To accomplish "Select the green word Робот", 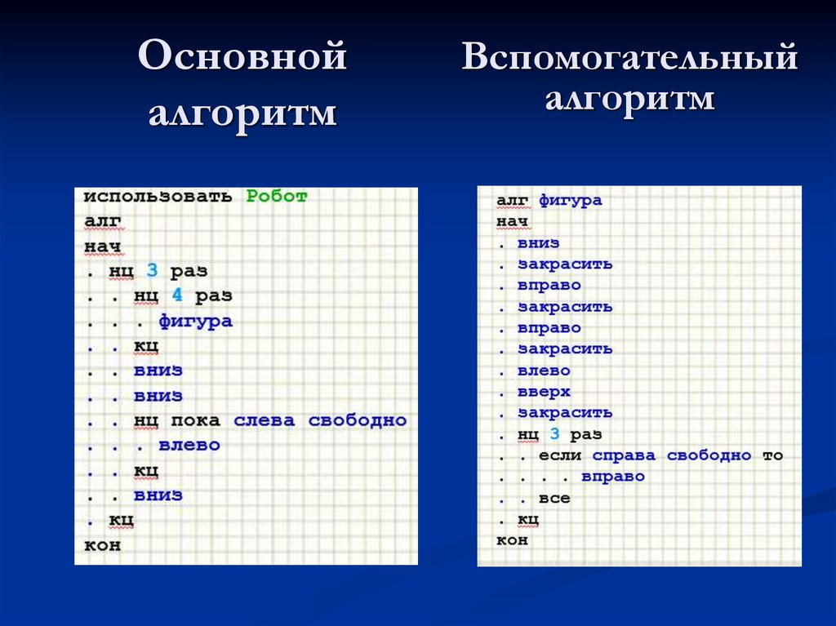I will pyautogui.click(x=277, y=196).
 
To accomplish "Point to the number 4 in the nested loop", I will pyautogui.click(x=176, y=295).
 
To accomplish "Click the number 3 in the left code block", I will pyautogui.click(x=152, y=269).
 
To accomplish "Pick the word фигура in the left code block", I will pyautogui.click(x=195, y=321).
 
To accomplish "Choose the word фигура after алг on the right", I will pyautogui.click(x=570, y=200).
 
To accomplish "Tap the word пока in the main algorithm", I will pyautogui.click(x=195, y=420).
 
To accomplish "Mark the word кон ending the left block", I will pyautogui.click(x=102, y=545).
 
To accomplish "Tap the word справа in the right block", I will pyautogui.click(x=624, y=455).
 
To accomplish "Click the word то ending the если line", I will pyautogui.click(x=772, y=455).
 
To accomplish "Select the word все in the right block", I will pyautogui.click(x=554, y=498).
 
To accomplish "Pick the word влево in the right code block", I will pyautogui.click(x=544, y=371).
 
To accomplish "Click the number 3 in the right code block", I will pyautogui.click(x=554, y=434).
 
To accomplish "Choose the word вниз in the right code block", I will pyautogui.click(x=538, y=242).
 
